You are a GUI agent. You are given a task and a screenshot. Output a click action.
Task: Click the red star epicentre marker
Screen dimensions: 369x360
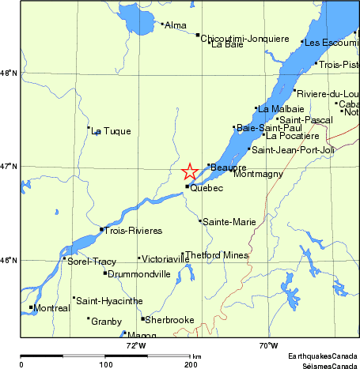point(190,171)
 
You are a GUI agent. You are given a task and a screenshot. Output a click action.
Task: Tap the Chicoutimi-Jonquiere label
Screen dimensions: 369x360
point(244,37)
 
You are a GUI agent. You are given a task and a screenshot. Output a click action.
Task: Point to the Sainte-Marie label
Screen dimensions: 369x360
point(229,222)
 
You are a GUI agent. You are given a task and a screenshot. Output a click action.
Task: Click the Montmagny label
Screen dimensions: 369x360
point(258,174)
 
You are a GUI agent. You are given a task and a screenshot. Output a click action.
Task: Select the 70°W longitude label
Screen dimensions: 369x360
point(267,345)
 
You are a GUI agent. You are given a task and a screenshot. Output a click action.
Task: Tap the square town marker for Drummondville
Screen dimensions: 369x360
point(105,273)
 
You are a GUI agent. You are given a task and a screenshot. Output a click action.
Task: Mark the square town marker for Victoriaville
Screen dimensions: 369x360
point(139,258)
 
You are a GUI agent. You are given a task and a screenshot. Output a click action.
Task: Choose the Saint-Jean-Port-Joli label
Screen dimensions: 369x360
point(294,149)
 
